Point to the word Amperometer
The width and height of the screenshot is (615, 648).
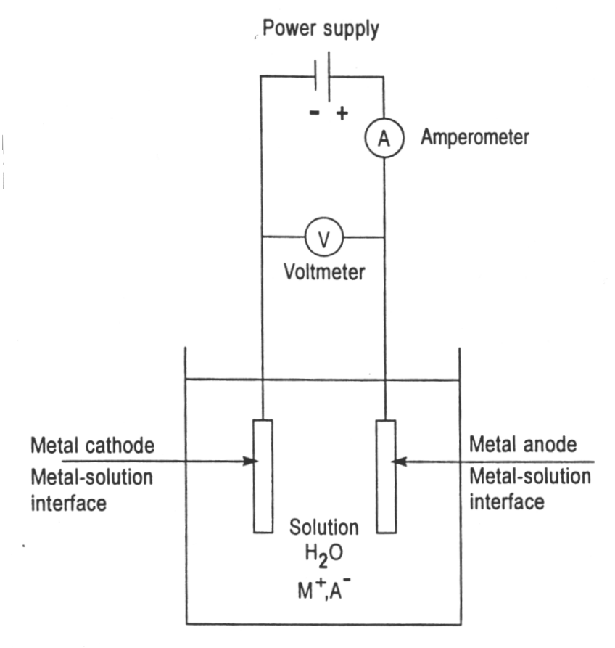[x=475, y=137]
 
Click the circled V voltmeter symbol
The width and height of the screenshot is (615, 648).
[x=323, y=237]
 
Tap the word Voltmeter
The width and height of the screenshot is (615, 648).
[x=323, y=272]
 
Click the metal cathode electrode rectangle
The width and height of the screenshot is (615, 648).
[x=262, y=475]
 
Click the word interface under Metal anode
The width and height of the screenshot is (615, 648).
[x=506, y=501]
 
